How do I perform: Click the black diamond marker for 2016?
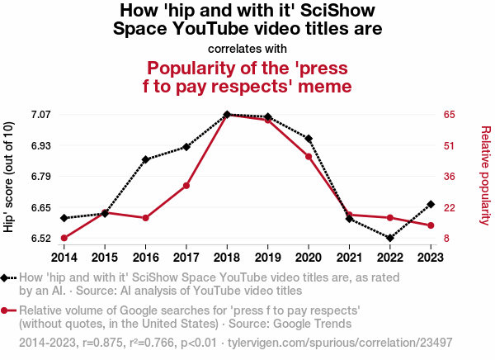[x=145, y=159]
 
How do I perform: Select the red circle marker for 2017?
[x=186, y=186]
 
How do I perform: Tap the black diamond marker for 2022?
[x=389, y=239]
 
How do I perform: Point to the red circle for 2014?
[x=64, y=239]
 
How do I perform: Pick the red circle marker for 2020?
[x=309, y=157]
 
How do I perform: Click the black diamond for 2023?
[x=431, y=204]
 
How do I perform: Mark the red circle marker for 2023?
[x=431, y=225]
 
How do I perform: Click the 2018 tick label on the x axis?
[x=227, y=256]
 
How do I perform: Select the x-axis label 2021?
[x=349, y=256]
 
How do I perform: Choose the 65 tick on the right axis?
[x=450, y=115]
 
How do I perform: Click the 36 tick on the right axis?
[x=450, y=177]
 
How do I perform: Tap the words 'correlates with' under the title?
[x=247, y=48]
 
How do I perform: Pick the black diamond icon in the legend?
[x=7, y=279]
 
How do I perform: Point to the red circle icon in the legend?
[x=7, y=310]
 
